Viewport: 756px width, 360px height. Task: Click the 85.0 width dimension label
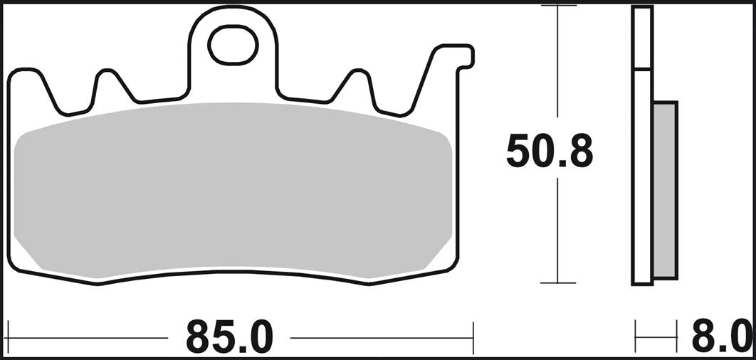coord(229,337)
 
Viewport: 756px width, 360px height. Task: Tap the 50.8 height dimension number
coord(549,152)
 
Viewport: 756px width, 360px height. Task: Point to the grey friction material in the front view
coord(233,189)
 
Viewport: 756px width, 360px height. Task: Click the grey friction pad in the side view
coord(665,189)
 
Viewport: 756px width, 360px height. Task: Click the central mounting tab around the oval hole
coord(232,71)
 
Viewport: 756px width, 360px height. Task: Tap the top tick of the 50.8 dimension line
coord(558,6)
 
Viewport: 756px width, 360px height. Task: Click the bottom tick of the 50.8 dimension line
coord(558,283)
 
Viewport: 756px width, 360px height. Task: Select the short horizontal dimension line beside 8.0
coord(656,337)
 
